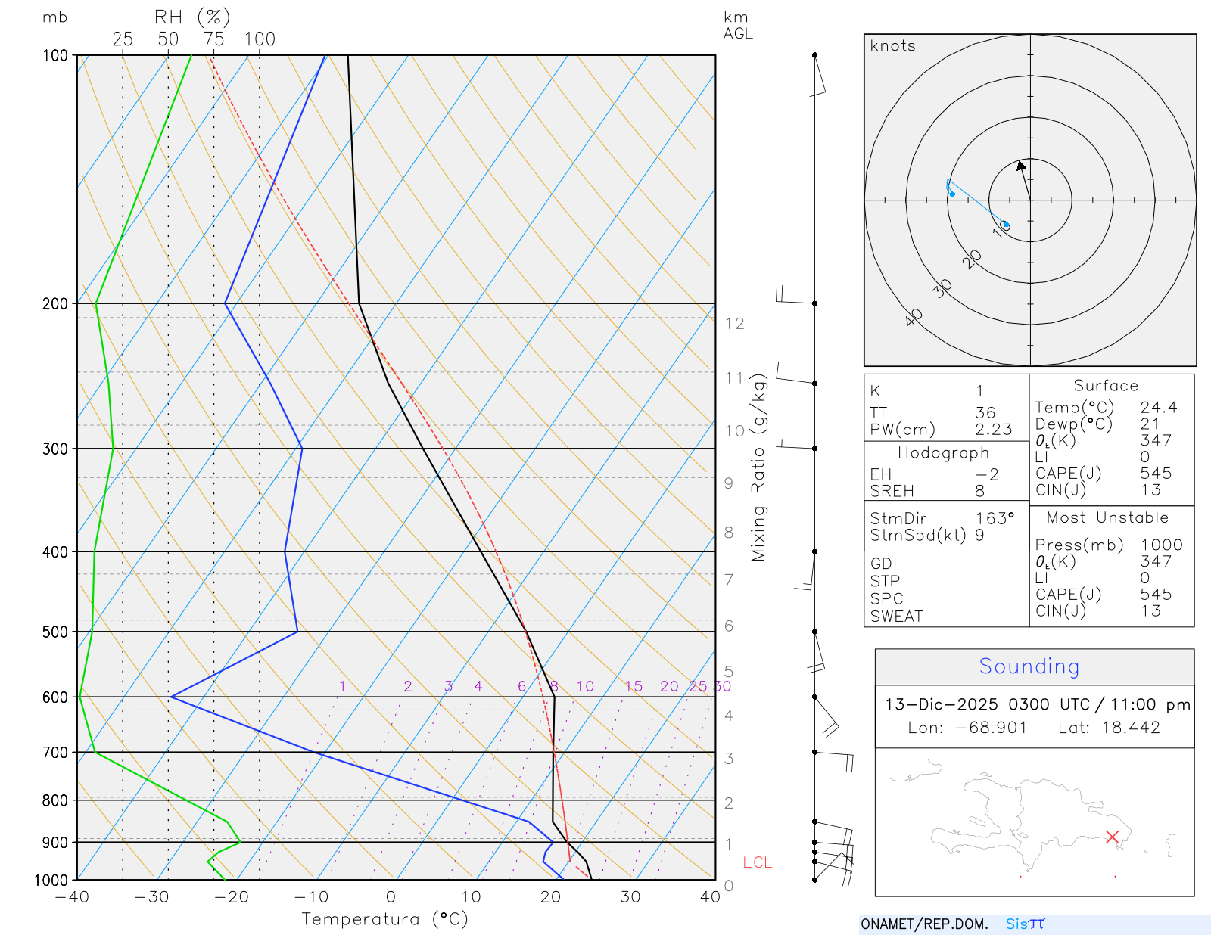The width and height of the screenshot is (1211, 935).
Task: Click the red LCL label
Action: coord(757,862)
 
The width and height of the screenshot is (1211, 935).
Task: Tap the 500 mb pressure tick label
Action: coord(55,632)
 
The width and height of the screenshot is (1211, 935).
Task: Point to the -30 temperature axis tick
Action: coord(151,897)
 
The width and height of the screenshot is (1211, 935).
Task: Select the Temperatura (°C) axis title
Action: coord(384,919)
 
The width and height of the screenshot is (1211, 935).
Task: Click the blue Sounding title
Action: coord(1029,666)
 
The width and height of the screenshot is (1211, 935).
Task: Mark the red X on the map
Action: coord(1112,837)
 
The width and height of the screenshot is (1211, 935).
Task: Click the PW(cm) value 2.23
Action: coord(993,430)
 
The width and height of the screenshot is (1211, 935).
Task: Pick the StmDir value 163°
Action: coord(995,519)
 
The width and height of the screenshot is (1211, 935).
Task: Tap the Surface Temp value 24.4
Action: coord(1158,408)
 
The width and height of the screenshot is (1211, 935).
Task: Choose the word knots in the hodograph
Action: coord(892,46)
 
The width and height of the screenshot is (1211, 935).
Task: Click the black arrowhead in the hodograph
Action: coord(1021,165)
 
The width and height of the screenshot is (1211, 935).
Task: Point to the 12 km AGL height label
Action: coord(734,324)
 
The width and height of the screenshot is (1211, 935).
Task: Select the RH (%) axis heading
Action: coord(192,17)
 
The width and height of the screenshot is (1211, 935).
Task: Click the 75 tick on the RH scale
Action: coord(213,39)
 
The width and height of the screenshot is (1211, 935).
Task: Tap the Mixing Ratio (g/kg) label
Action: coord(758,467)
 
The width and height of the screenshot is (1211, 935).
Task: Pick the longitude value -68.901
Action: coord(991,728)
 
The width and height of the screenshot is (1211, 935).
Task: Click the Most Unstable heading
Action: coord(1107,518)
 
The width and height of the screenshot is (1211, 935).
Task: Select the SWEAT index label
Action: coord(896,617)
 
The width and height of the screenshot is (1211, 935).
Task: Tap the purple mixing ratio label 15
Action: coord(634,686)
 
